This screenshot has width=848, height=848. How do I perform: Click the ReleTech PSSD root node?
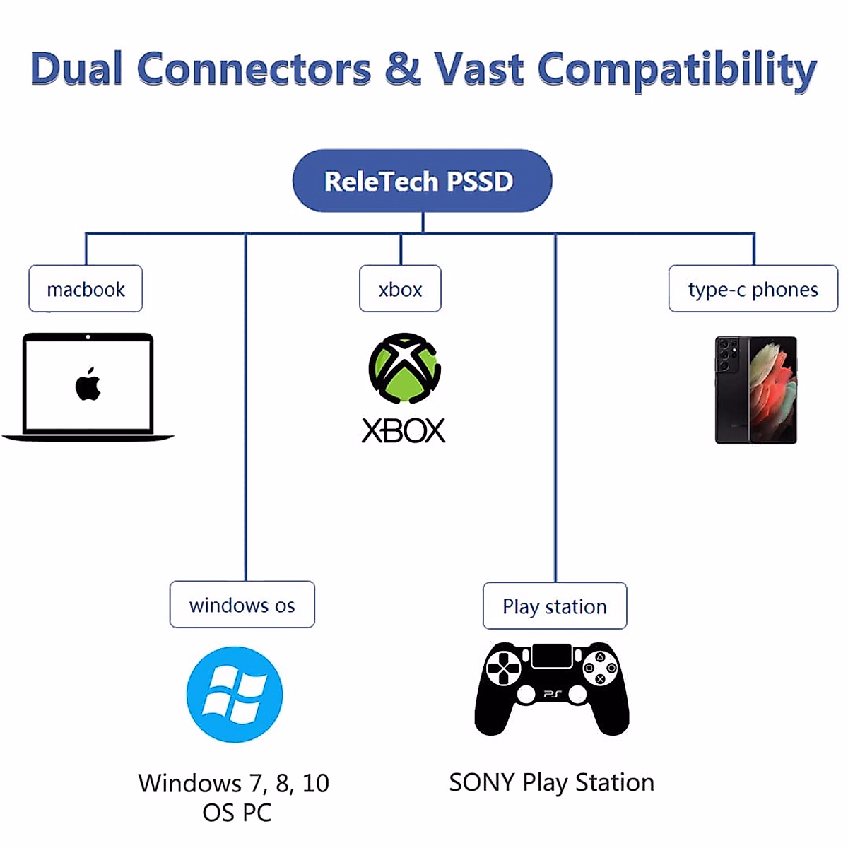pos(422,181)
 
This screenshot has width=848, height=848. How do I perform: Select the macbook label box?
pos(86,289)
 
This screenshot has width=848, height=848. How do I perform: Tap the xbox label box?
pos(400,289)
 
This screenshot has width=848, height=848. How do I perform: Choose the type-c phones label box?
pos(753,289)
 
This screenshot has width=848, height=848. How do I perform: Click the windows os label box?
pos(242,605)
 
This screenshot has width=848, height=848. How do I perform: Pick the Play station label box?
pos(555,606)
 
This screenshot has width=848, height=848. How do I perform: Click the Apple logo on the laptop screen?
pos(88,384)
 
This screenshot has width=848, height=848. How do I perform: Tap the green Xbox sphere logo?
pos(404,368)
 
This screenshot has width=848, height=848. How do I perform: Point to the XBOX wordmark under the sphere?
pos(404,430)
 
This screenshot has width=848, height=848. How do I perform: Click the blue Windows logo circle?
pos(235,694)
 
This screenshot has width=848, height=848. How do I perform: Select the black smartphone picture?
pos(755,390)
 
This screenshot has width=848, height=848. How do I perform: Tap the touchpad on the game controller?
pos(552,656)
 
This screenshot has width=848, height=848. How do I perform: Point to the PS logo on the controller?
pos(552,695)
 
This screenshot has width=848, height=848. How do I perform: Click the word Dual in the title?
pos(76,69)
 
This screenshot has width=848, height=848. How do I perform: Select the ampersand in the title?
pos(402,69)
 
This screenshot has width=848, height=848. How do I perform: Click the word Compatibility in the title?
pos(676,71)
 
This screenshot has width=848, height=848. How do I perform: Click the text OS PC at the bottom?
pos(237,813)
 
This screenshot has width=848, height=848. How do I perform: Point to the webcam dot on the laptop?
pos(88,337)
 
